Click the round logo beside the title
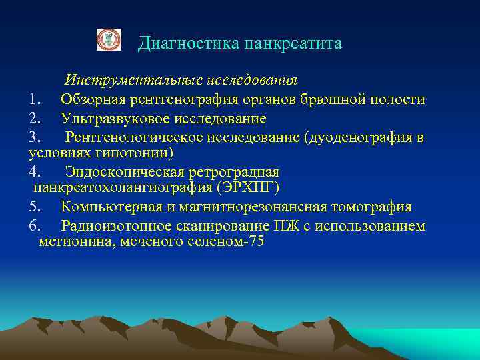click(109, 40)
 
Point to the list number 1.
click(35, 100)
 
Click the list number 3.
click(35, 137)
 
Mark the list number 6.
click(35, 226)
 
